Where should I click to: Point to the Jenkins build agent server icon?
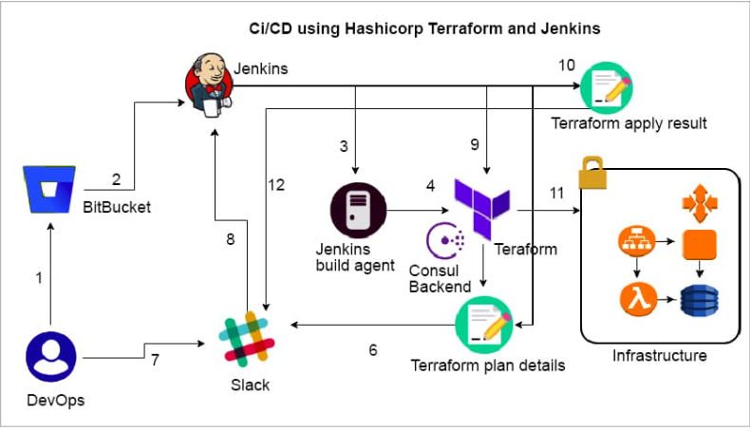pos(357,210)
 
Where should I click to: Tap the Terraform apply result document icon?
pos(607,86)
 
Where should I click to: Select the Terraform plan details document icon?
pos(484,323)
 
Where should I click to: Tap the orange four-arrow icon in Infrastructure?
pos(699,202)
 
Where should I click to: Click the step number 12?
pos(276,185)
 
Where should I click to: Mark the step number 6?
pos(373,349)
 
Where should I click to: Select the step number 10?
pos(566,65)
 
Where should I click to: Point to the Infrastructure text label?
pos(660,356)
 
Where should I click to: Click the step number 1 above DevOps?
pos(39,278)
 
